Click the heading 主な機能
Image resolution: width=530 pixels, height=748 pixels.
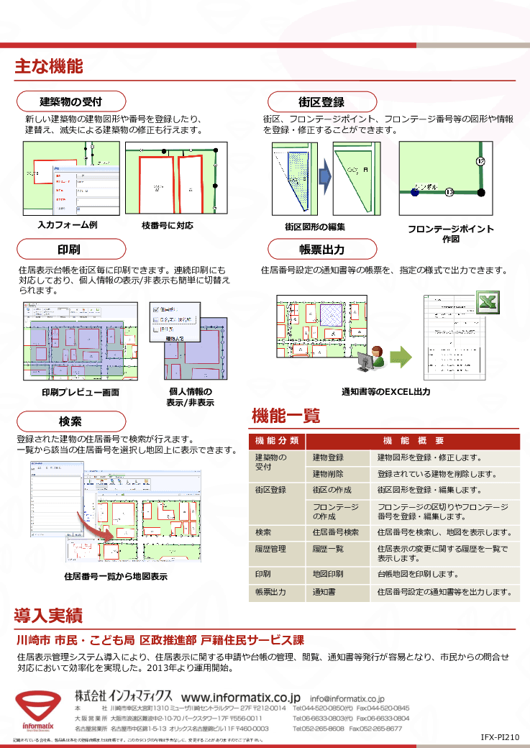49,68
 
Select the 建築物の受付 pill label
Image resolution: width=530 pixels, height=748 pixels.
70,101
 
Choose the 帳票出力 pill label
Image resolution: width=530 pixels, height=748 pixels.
321,250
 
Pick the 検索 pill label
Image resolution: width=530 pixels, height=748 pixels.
70,421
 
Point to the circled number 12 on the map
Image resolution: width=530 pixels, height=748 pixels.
480,161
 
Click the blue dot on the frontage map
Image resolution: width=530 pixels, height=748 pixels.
415,192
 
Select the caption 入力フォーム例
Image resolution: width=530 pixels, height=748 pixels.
67,225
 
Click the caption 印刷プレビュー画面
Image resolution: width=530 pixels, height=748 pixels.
81,393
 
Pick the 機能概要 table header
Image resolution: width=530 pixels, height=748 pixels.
413,441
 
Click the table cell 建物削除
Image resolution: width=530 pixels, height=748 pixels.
328,474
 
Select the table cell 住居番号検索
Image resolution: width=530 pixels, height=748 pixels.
336,533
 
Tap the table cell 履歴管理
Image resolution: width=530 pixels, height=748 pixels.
270,549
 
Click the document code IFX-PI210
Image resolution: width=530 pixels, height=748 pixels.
500,738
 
